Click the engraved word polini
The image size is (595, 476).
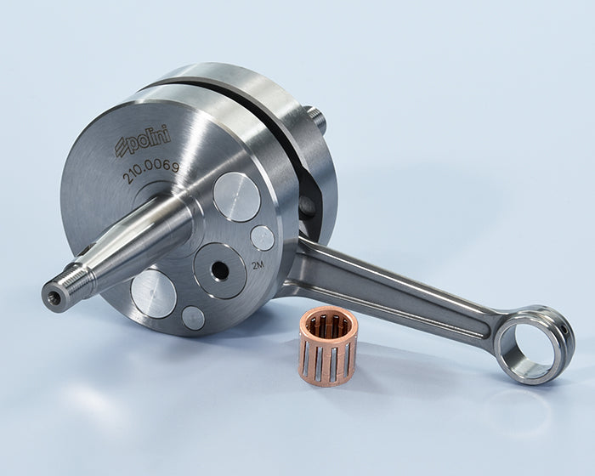149,139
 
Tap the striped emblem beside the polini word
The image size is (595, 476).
122,148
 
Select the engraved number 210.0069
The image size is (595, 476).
150,173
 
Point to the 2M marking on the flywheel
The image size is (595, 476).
258,265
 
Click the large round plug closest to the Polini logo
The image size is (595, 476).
237,196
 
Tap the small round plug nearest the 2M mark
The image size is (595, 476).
262,238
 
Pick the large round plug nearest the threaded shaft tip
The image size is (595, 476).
154,294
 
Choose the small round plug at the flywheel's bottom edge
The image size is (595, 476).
193,318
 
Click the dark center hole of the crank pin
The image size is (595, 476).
219,270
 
